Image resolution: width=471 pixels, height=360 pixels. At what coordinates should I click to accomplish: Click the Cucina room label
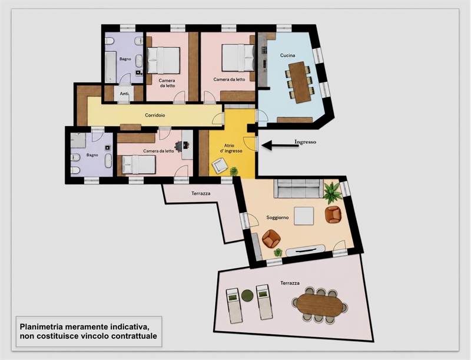coord(287,55)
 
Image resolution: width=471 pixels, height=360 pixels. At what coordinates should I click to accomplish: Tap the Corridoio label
coord(155,115)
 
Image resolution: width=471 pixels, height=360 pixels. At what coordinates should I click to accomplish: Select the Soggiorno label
coord(277,217)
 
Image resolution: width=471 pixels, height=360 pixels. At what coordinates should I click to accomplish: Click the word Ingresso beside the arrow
coord(305,142)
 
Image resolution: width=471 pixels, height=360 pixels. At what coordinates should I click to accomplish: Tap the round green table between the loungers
coord(247,295)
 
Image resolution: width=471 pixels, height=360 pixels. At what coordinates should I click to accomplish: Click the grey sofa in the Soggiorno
coord(298,189)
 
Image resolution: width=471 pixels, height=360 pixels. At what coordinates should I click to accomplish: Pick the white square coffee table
coord(304,216)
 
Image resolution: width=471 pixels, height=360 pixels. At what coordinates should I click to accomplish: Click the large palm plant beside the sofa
coord(332,192)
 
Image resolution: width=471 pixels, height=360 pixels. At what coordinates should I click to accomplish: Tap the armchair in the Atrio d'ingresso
coord(220,166)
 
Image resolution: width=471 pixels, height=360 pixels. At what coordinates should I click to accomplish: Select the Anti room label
coord(124,94)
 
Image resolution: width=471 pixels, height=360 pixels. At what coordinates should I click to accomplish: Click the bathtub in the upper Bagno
coord(111,67)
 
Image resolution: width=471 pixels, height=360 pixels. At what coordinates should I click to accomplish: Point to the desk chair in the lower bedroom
coord(180,146)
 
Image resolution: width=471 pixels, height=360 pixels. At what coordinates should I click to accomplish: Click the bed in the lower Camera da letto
coord(138,164)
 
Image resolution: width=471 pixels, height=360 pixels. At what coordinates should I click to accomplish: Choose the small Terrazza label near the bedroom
coord(201,193)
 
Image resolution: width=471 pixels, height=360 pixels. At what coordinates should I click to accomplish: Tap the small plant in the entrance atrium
coord(234,171)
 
